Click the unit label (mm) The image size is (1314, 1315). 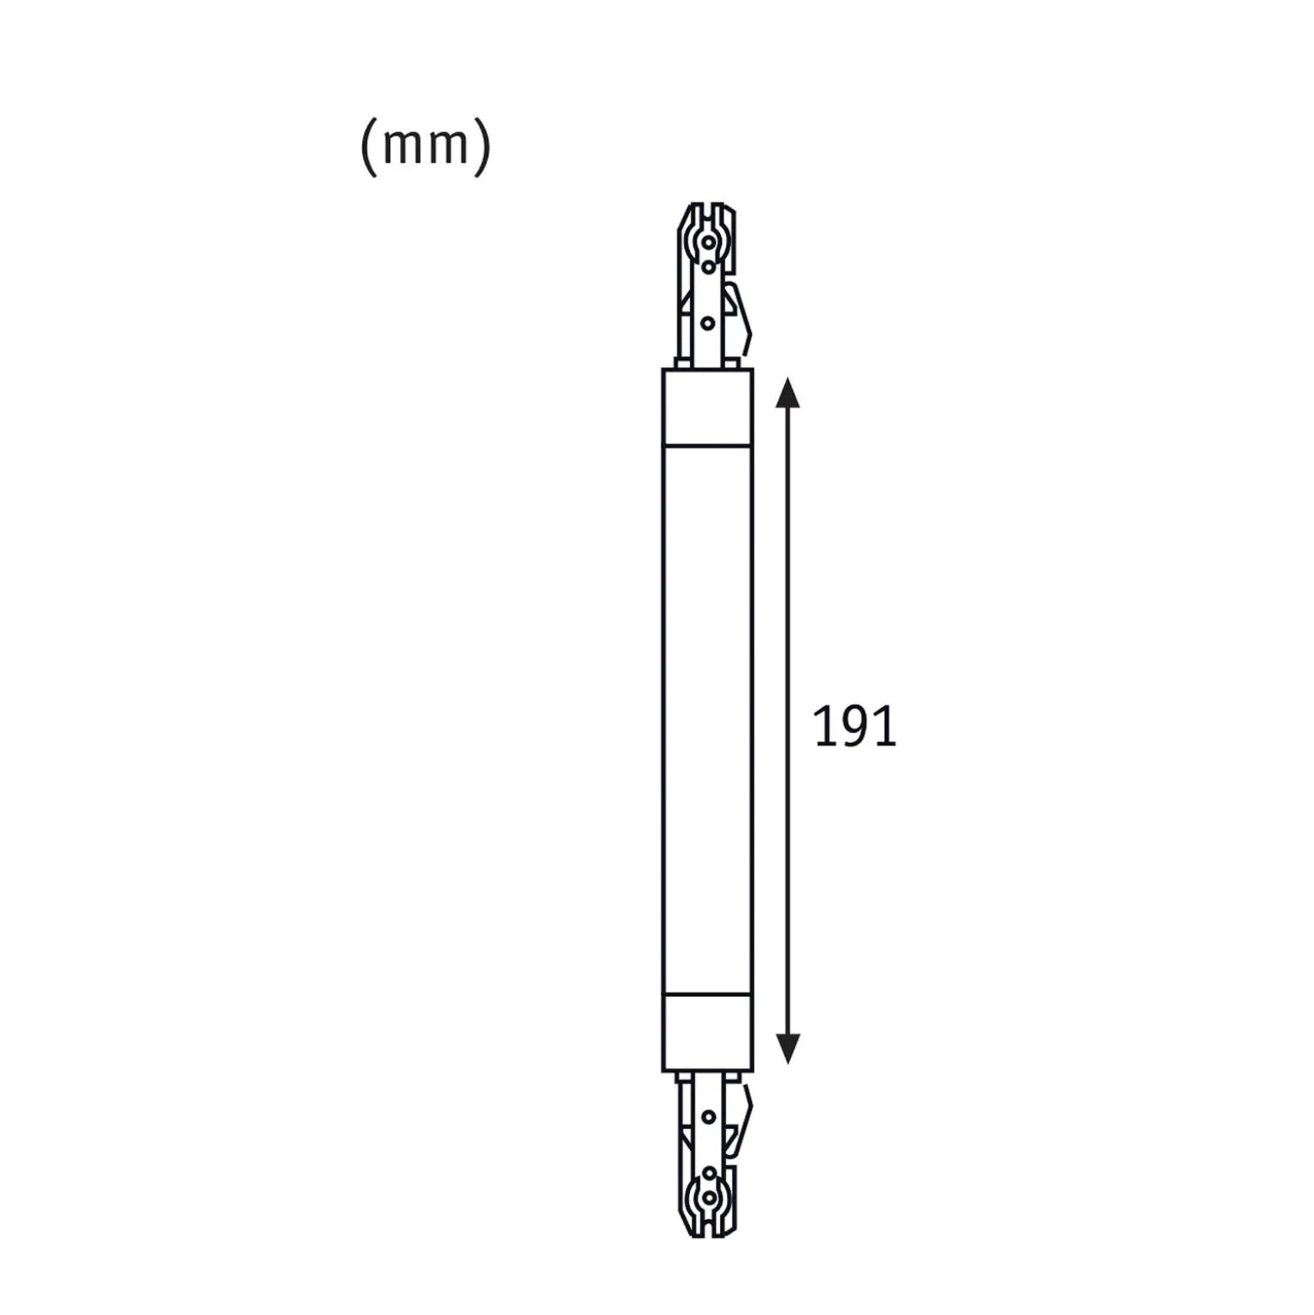tap(425, 146)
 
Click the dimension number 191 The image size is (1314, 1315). tap(855, 728)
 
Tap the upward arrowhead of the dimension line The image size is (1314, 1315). tap(788, 393)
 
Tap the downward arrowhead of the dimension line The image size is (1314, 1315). tap(788, 1048)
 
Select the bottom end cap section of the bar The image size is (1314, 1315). tap(708, 1032)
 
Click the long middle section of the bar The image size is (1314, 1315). tap(708, 719)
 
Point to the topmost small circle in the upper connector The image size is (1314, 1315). tap(709, 243)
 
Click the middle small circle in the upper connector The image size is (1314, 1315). tap(708, 268)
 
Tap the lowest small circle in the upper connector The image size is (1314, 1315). tap(708, 323)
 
